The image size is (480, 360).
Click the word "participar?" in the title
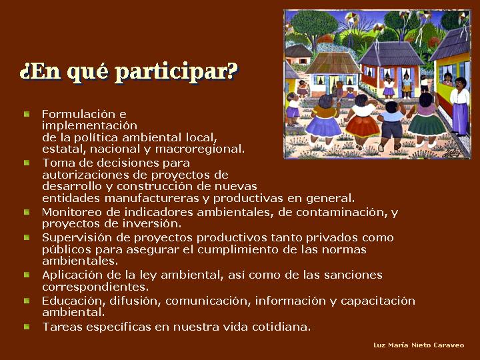point(178,72)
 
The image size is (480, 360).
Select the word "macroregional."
point(199,149)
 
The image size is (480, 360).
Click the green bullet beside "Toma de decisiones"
point(27,163)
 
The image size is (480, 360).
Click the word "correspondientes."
point(95,287)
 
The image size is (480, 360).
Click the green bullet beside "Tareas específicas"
point(27,327)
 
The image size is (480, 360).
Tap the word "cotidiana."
point(281,327)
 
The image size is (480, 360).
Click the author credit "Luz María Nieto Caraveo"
point(419,345)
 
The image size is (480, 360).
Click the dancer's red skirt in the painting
point(363,125)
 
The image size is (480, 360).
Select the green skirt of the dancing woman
point(427,124)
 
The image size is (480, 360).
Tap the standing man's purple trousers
point(459,118)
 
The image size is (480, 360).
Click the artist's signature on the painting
point(452,153)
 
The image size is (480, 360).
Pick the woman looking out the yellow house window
point(447,79)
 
